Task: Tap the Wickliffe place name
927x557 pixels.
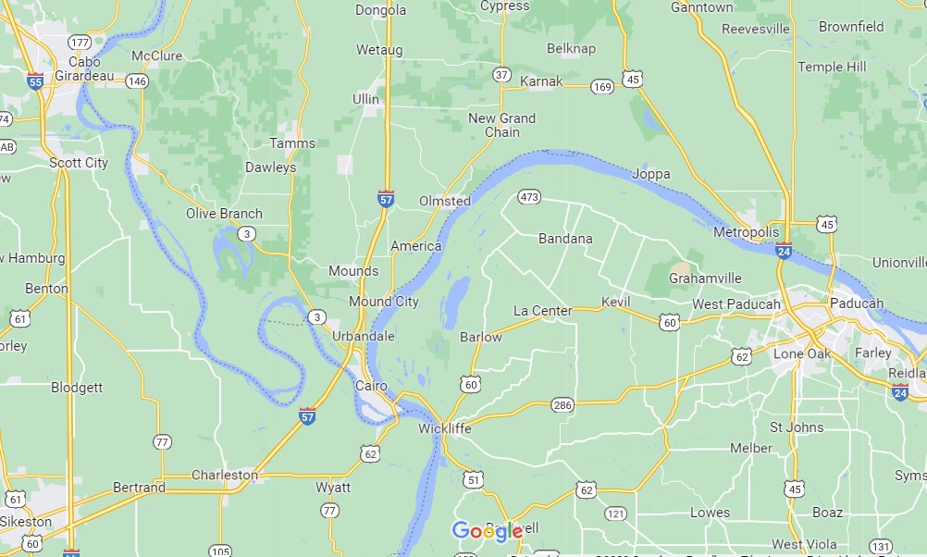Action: [x=444, y=428]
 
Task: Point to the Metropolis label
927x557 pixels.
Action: [x=747, y=231]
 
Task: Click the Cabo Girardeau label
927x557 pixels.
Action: [x=84, y=68]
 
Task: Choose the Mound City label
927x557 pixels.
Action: [x=383, y=302]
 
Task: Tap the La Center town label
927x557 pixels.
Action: [x=542, y=311]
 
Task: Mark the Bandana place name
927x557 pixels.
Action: [x=565, y=239]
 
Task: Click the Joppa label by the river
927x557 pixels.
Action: [x=651, y=174]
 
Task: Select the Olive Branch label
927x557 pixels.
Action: [x=224, y=214]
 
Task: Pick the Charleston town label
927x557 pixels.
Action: [x=225, y=475]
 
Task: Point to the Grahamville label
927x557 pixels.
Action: [x=705, y=278]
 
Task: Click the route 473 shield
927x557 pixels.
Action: [x=529, y=197]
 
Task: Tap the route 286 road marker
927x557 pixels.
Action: [x=562, y=404]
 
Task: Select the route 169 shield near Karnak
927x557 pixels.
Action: [x=601, y=87]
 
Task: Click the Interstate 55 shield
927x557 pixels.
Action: [x=35, y=80]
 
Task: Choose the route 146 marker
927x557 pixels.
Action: [x=137, y=81]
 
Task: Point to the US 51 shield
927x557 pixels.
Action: [x=473, y=478]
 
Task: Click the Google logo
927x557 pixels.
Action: [x=488, y=531]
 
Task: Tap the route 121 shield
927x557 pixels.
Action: [x=616, y=513]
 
